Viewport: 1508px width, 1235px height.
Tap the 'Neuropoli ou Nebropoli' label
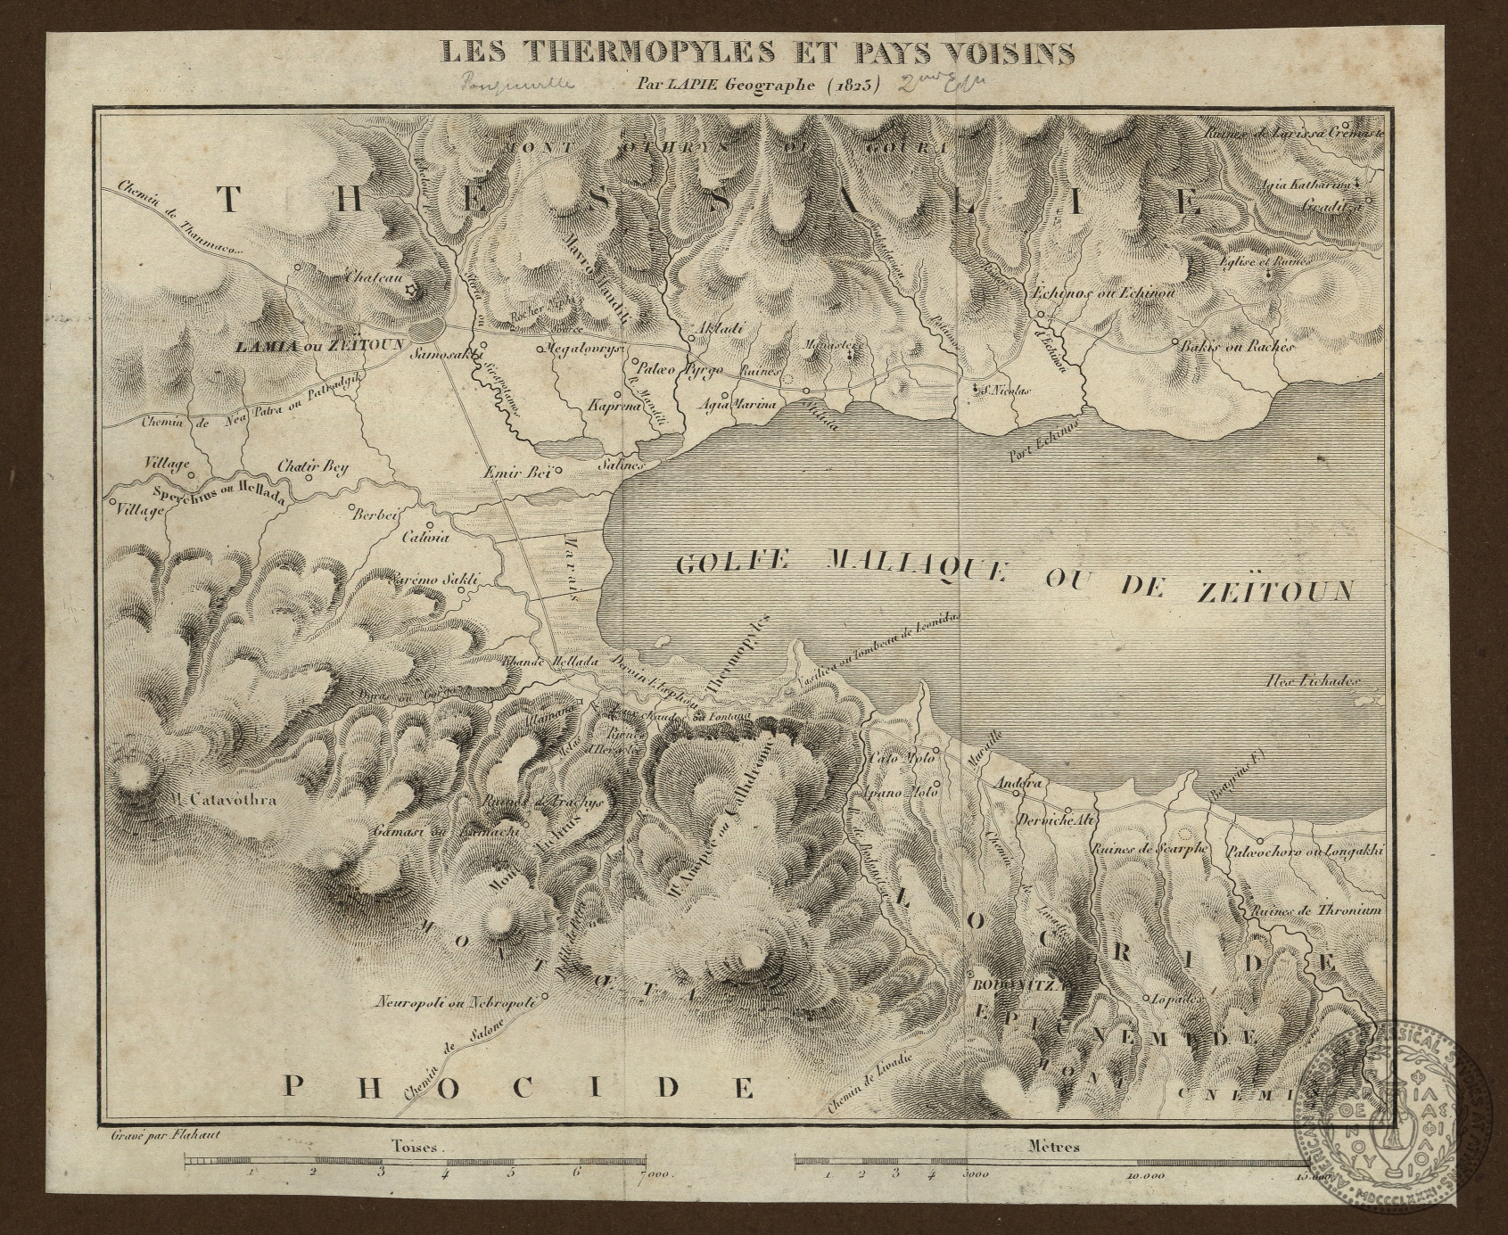(x=456, y=1001)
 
